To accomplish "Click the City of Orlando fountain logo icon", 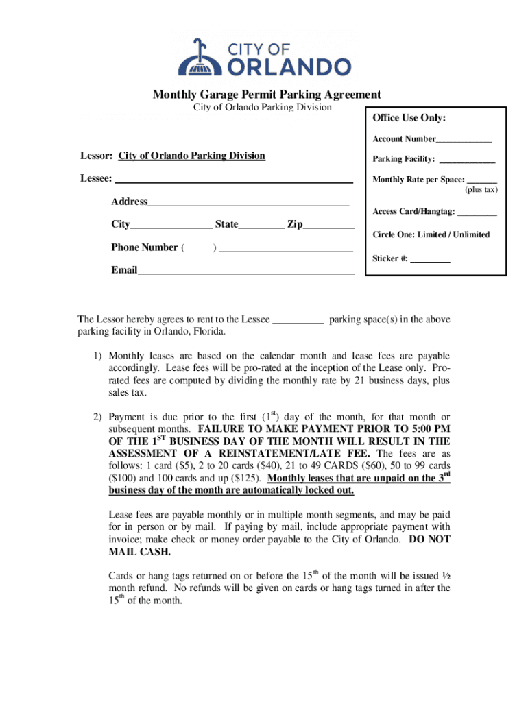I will click(197, 58).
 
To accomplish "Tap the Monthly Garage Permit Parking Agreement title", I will click(267, 95).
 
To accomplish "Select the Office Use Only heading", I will click(409, 119).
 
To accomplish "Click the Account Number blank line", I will click(464, 141).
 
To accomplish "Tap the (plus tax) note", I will click(481, 190).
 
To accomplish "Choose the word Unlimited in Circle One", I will click(472, 234).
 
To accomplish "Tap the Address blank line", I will click(248, 204).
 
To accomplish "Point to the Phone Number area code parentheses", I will click(199, 247).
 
